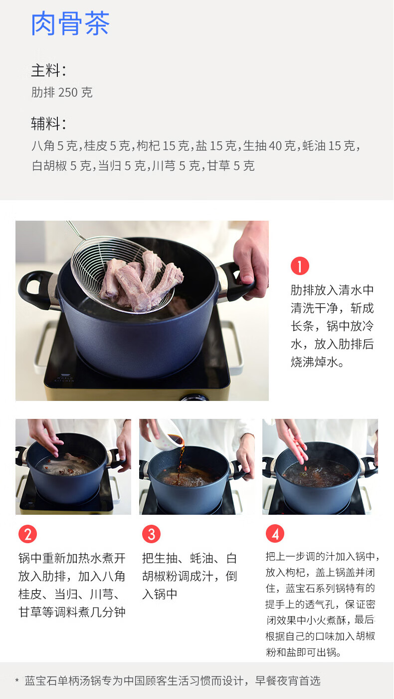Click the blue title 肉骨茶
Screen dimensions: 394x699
pyautogui.click(x=70, y=24)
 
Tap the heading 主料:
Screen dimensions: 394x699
pyautogui.click(x=49, y=70)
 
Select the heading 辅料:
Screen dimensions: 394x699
pyautogui.click(x=49, y=124)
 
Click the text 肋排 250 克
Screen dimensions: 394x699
pyautogui.click(x=62, y=92)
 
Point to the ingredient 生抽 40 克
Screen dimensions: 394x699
pyautogui.click(x=269, y=146)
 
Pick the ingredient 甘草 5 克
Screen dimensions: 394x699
pyautogui.click(x=230, y=166)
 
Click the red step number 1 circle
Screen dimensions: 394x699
pyautogui.click(x=300, y=266)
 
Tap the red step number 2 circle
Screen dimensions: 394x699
pyautogui.click(x=28, y=534)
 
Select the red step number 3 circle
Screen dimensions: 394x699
pyautogui.click(x=151, y=534)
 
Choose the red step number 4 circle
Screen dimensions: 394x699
pyautogui.click(x=275, y=534)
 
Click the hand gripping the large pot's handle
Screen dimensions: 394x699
pyautogui.click(x=251, y=259)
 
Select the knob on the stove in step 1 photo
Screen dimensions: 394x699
pyautogui.click(x=194, y=398)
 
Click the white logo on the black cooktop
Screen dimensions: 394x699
pyautogui.click(x=64, y=378)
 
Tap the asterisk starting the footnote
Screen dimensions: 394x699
pyautogui.click(x=17, y=681)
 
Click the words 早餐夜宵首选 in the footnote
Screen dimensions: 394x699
pyautogui.click(x=288, y=681)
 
